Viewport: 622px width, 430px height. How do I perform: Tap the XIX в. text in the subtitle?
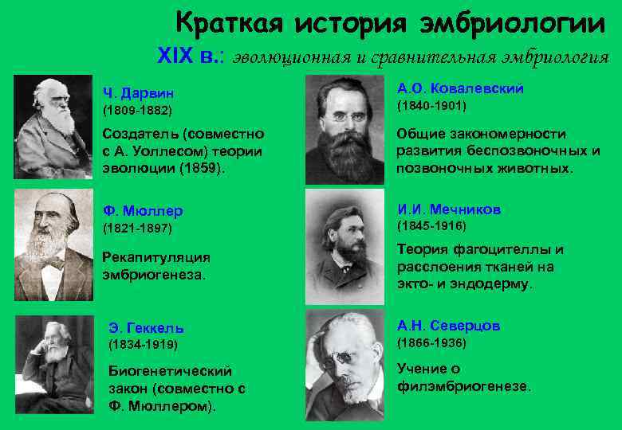click(191, 57)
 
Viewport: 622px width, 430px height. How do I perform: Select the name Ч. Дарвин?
click(136, 93)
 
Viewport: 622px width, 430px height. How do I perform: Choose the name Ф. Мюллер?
click(143, 211)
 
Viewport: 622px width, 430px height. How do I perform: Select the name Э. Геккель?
click(146, 327)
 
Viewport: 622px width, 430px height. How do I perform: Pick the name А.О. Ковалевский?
click(460, 88)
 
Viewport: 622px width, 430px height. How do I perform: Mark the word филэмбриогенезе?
click(463, 386)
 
